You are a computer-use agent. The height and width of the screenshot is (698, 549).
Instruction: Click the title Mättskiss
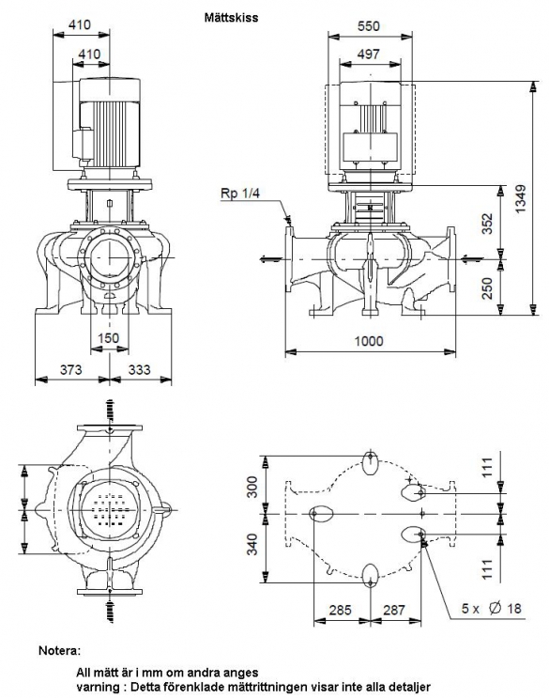(231, 17)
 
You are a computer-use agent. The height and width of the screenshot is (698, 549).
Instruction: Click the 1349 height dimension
(521, 198)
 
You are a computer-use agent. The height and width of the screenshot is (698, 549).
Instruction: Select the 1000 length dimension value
(369, 340)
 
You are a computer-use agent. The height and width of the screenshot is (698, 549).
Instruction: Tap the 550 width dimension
(369, 25)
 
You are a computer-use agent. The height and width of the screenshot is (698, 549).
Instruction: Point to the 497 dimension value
(369, 54)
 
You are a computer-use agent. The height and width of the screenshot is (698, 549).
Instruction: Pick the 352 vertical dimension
(488, 223)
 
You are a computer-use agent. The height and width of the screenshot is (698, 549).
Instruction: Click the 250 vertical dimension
(488, 288)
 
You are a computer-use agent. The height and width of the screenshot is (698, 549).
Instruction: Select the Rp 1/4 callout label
(239, 194)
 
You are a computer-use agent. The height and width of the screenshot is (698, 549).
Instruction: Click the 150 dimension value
(109, 338)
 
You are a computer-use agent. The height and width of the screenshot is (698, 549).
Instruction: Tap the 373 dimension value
(71, 369)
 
